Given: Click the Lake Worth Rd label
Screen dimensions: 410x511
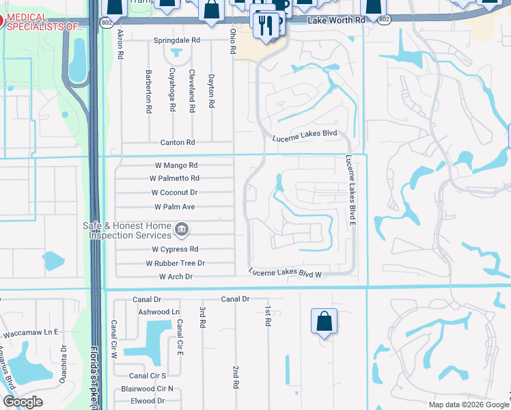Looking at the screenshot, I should [x=337, y=21].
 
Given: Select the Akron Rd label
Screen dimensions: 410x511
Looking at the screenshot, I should [x=120, y=43].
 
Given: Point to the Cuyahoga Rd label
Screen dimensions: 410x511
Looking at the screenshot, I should [x=174, y=91].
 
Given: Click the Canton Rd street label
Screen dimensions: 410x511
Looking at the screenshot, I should [x=178, y=143].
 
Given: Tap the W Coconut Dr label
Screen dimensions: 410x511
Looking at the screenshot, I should [x=175, y=193].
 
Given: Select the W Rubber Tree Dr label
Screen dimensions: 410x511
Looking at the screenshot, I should [x=176, y=263].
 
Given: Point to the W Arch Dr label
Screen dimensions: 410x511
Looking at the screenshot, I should [x=176, y=277].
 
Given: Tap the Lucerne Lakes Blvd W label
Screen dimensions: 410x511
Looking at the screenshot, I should [x=285, y=273].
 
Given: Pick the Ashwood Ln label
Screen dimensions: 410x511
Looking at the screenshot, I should [x=158, y=312].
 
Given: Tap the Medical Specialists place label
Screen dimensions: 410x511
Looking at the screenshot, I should [x=44, y=22].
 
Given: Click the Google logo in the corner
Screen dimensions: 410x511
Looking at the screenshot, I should [x=23, y=402].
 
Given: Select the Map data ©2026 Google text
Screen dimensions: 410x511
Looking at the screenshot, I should [x=468, y=405].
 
